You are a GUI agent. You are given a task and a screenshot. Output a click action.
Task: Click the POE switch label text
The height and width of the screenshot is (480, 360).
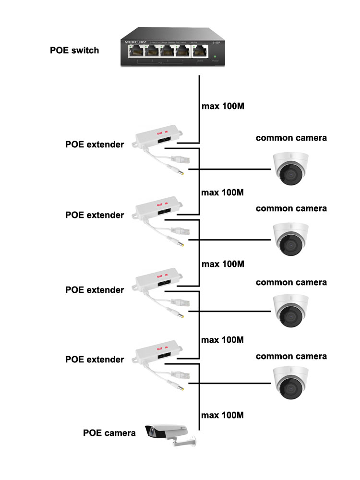pyautogui.click(x=74, y=50)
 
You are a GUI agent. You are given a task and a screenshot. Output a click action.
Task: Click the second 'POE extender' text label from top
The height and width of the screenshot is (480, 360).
pyautogui.click(x=95, y=215)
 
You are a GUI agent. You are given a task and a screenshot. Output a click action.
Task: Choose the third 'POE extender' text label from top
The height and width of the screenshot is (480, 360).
pyautogui.click(x=95, y=290)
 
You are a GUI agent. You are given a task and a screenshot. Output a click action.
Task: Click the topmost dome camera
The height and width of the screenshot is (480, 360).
pyautogui.click(x=290, y=168)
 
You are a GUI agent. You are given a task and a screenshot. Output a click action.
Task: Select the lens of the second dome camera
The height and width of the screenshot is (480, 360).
pyautogui.click(x=289, y=245)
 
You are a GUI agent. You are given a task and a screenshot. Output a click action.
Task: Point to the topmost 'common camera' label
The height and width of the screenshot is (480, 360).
pyautogui.click(x=291, y=138)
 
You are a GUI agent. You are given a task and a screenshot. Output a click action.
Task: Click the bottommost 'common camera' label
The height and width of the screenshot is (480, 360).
pyautogui.click(x=291, y=356)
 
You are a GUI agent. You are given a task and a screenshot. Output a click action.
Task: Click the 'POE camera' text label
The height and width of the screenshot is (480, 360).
pyautogui.click(x=109, y=432)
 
